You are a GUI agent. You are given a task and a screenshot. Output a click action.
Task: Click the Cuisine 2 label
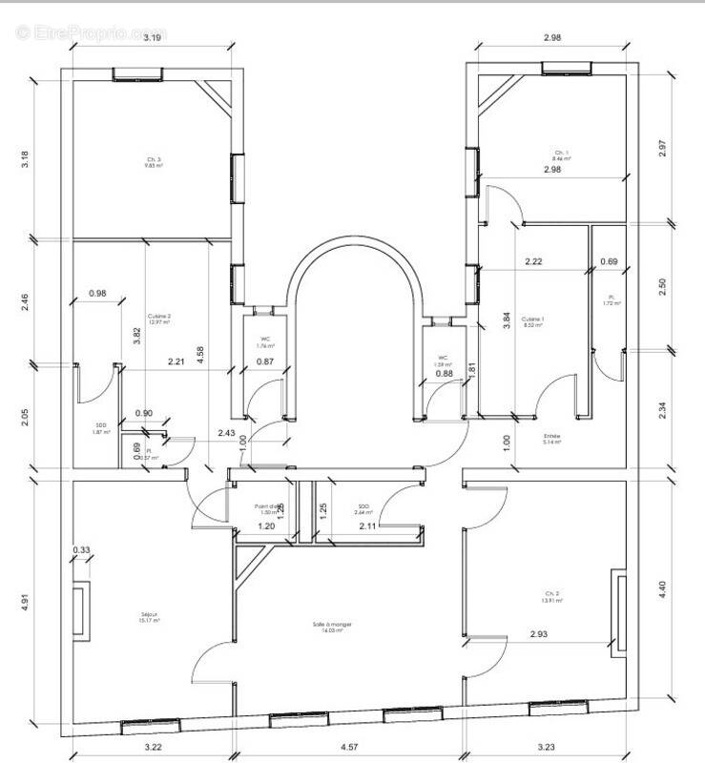click(158, 320)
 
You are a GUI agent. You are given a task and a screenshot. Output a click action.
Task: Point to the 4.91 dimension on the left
click(26, 603)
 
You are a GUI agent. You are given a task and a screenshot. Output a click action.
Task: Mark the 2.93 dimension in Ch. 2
click(538, 634)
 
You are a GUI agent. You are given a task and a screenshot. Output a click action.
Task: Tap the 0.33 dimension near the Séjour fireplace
click(82, 549)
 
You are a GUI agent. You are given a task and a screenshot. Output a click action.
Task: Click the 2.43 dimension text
click(227, 433)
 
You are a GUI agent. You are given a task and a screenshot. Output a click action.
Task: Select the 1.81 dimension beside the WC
click(471, 370)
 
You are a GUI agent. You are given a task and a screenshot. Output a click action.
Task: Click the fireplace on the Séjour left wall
click(81, 610)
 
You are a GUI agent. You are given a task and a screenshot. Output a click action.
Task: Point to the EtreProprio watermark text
click(91, 32)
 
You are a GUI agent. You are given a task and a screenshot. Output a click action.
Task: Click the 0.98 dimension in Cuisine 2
click(97, 294)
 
